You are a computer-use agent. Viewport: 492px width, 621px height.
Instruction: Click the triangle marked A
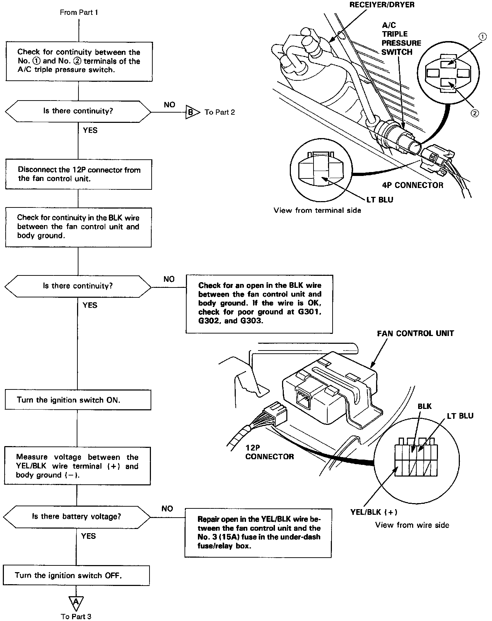[x=76, y=602]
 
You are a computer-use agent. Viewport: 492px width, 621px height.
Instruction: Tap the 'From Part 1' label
[x=79, y=12]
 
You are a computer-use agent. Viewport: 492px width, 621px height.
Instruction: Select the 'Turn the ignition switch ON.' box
[x=78, y=400]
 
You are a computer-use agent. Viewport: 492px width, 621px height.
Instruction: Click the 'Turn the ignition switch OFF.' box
[x=76, y=575]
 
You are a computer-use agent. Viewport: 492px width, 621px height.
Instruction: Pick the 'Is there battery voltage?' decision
[x=77, y=517]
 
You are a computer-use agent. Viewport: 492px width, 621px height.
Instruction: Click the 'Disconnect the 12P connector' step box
[x=78, y=174]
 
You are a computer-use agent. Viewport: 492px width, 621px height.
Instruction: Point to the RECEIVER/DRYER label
[x=382, y=5]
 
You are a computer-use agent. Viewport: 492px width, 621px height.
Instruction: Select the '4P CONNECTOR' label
[x=412, y=185]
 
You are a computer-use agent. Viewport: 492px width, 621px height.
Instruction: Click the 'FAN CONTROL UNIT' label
[x=415, y=334]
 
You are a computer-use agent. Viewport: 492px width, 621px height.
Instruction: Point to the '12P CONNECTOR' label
[x=269, y=452]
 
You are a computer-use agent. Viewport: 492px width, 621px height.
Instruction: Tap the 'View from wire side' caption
[x=412, y=525]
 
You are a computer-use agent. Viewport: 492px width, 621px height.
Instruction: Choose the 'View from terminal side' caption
[x=317, y=211]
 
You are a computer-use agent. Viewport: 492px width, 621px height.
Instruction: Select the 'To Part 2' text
[x=219, y=112]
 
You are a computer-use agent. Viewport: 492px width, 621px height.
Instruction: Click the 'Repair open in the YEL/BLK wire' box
[x=258, y=532]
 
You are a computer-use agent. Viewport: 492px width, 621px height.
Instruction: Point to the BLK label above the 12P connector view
[x=424, y=406]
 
